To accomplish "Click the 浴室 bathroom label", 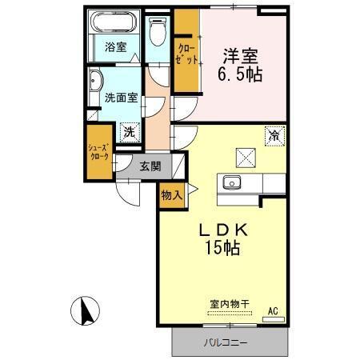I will click(116, 46).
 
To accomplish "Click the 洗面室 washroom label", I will click(121, 98).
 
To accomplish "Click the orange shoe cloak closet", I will click(100, 153).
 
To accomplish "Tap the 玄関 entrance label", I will click(150, 166).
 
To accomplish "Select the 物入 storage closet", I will click(172, 194).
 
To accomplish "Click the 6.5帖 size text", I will click(240, 75).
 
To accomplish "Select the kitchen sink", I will click(233, 182).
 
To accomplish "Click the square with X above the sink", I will click(244, 156).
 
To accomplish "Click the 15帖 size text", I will click(221, 248).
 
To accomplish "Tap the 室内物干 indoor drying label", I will click(230, 303).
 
